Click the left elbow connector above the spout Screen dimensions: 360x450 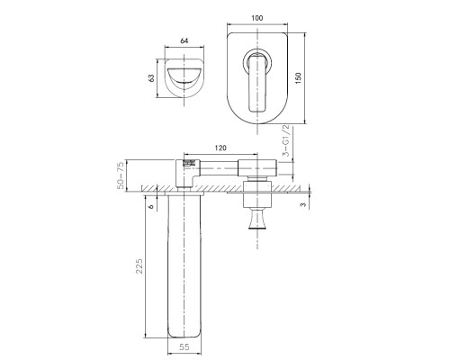(182, 171)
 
